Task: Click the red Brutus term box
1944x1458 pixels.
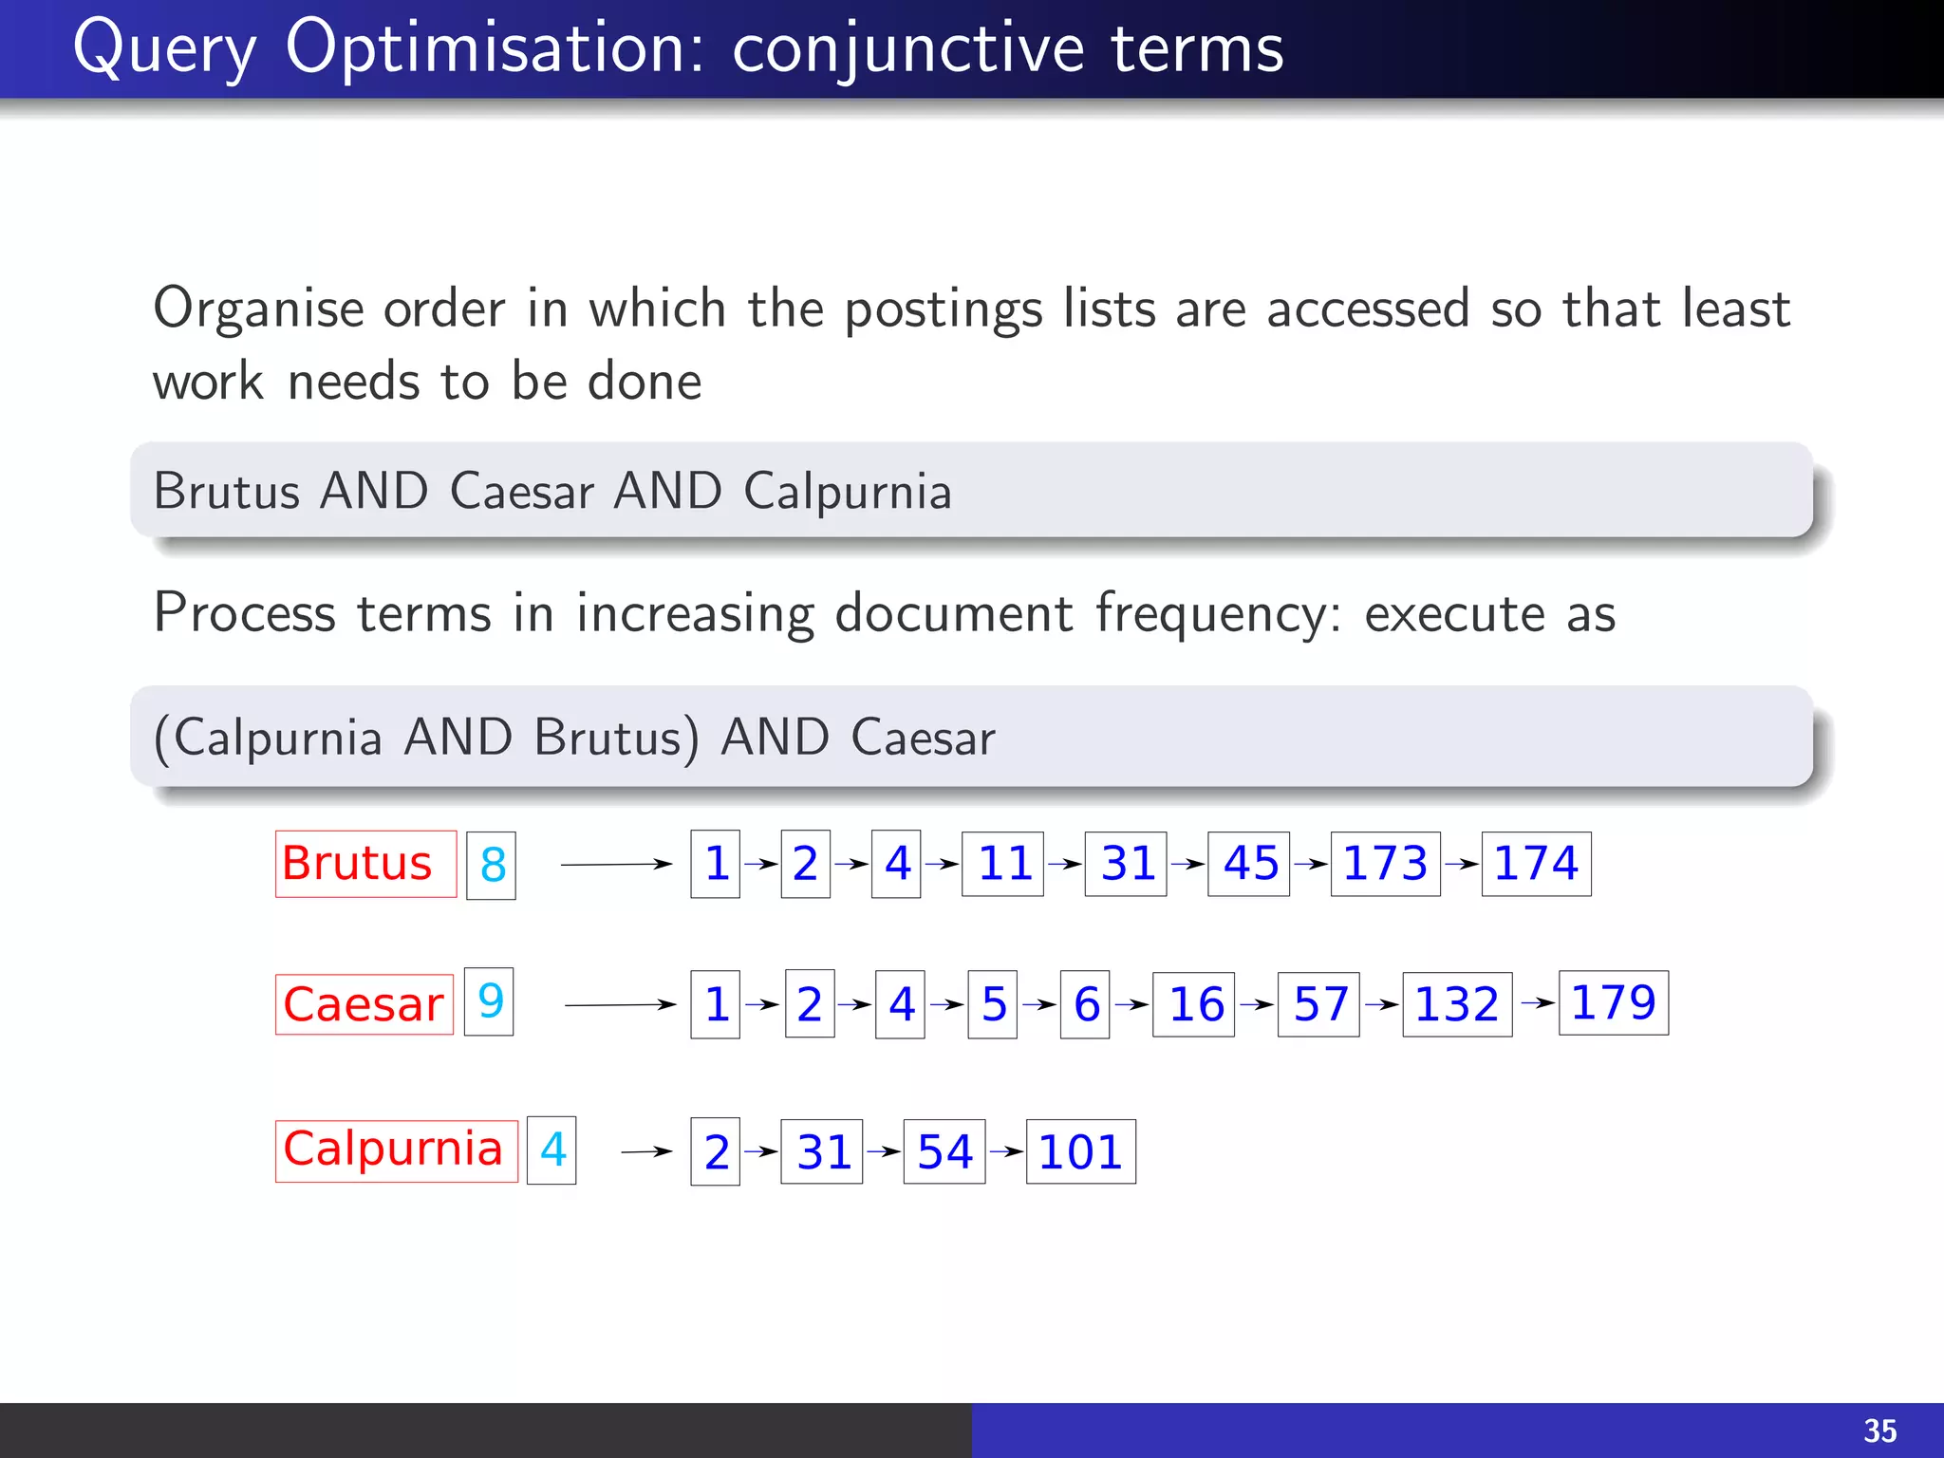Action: [365, 864]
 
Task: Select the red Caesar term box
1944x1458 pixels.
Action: [364, 1004]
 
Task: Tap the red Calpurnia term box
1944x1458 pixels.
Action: [396, 1150]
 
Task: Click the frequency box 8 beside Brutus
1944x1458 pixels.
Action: [491, 865]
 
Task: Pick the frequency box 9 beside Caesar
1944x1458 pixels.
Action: [489, 1001]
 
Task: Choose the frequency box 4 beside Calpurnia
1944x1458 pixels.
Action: [551, 1150]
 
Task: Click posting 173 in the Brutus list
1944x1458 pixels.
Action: [1385, 864]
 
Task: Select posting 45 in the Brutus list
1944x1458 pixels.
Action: [1248, 864]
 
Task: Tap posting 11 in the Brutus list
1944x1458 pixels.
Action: [1002, 864]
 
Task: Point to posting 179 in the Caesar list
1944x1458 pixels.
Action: [1613, 1002]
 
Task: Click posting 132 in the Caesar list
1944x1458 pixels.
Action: [1457, 1004]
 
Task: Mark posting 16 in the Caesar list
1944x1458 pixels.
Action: [1193, 1004]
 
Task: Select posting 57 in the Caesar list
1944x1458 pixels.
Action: [1318, 1004]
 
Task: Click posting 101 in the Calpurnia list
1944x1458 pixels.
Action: [1080, 1151]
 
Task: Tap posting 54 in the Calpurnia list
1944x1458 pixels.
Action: [944, 1151]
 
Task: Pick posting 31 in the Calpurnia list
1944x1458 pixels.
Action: [821, 1151]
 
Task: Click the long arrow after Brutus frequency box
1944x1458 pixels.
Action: [616, 864]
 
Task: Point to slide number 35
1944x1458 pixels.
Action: [1879, 1430]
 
